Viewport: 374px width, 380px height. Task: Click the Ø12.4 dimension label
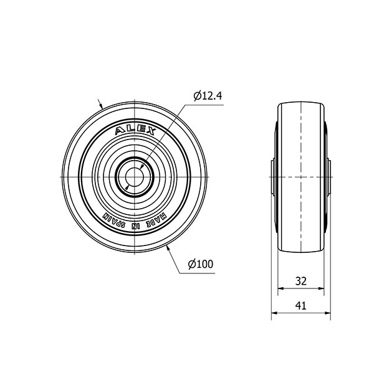pyautogui.click(x=208, y=96)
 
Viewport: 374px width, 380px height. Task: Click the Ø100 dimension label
pyautogui.click(x=201, y=264)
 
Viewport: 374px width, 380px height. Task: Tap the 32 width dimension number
pyautogui.click(x=301, y=281)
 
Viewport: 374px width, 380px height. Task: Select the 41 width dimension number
pyautogui.click(x=300, y=306)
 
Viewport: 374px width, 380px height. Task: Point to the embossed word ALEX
pyautogui.click(x=135, y=131)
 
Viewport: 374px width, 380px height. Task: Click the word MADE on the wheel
pyautogui.click(x=158, y=220)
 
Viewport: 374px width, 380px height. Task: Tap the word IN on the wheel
pyautogui.click(x=136, y=227)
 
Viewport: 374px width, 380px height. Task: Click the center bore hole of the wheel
pyautogui.click(x=135, y=177)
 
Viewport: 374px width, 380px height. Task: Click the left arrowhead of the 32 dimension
pyautogui.click(x=280, y=288)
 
